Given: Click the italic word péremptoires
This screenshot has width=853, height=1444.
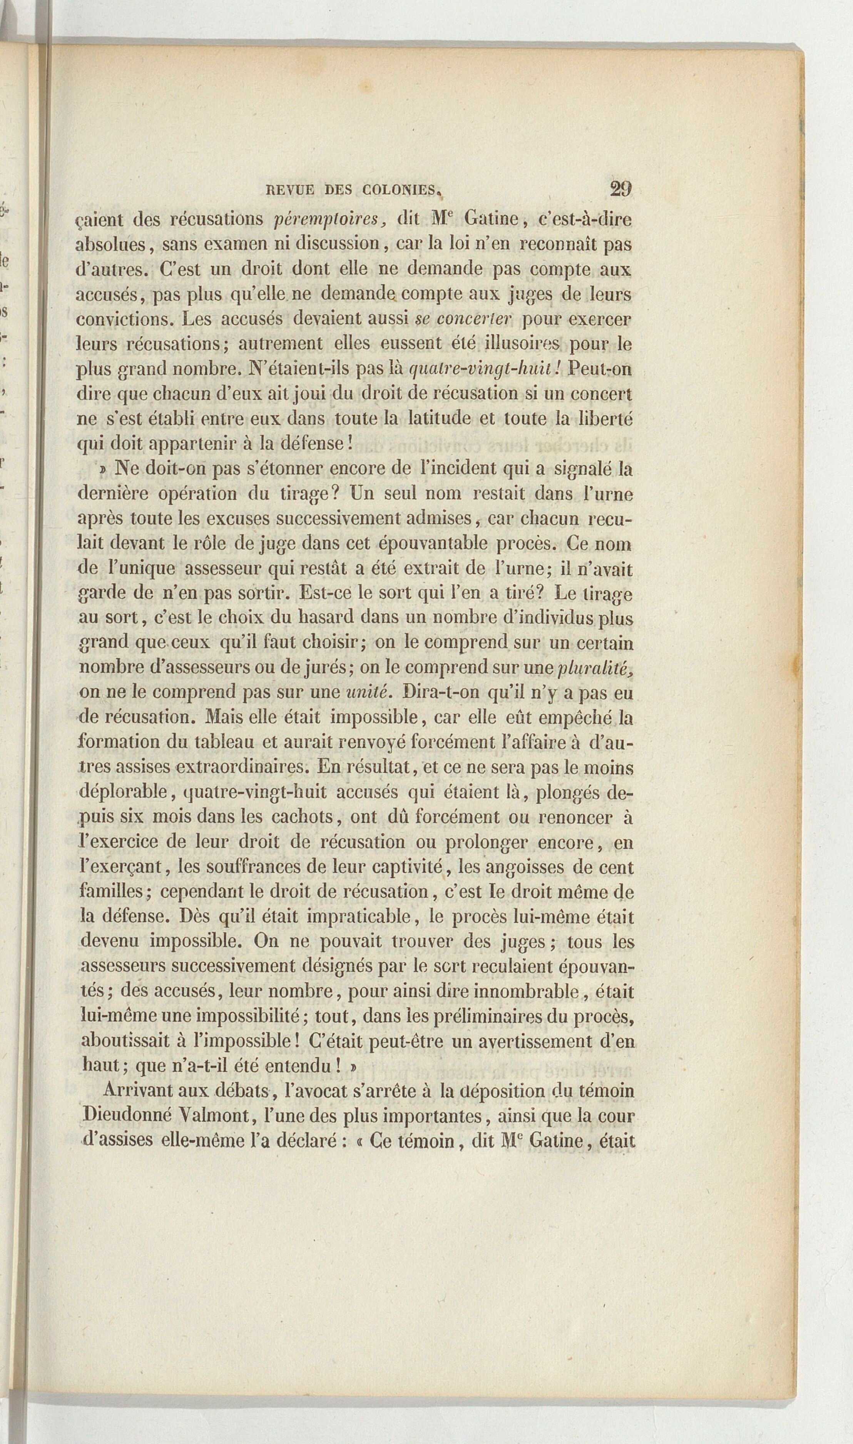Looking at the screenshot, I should click(325, 219).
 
